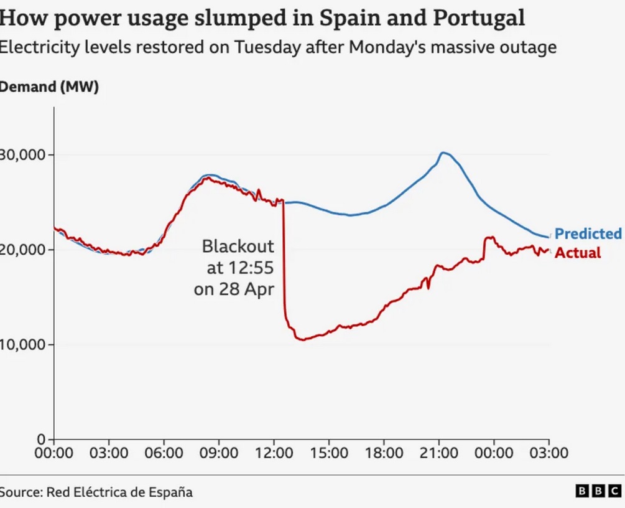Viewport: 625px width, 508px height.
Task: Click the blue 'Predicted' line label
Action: tap(587, 234)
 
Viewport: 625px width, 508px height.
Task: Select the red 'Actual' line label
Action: tap(578, 253)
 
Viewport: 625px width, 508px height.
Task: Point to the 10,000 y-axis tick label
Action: tap(22, 344)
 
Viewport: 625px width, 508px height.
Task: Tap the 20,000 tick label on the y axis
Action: tap(22, 250)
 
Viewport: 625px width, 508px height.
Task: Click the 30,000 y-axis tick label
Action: tap(22, 155)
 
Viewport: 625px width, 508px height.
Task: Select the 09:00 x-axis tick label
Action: tap(219, 453)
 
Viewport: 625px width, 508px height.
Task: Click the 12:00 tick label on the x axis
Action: tap(274, 453)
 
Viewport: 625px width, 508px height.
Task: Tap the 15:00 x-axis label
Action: tap(329, 453)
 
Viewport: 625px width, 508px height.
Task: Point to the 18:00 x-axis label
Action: tap(384, 453)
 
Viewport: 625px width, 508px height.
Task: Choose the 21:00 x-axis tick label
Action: tap(439, 453)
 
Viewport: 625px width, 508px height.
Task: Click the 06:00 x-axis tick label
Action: tap(164, 453)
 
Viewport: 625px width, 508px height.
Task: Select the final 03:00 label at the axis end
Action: tap(549, 453)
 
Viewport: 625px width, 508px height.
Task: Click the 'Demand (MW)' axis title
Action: tap(49, 88)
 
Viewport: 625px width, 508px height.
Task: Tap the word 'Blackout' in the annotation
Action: tap(238, 247)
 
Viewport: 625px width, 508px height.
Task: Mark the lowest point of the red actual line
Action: tap(302, 339)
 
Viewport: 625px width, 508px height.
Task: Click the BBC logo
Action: tap(598, 492)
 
